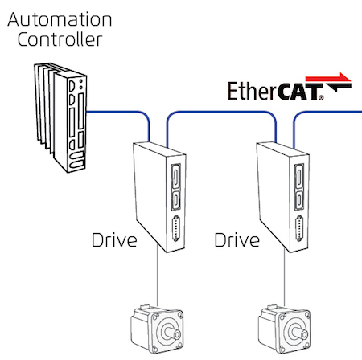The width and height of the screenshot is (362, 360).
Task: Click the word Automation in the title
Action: pos(60,19)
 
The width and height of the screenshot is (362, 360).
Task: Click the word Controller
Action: pos(60,39)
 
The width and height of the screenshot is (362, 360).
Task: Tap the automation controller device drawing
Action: pos(60,117)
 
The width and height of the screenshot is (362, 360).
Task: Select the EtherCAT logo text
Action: pos(275,91)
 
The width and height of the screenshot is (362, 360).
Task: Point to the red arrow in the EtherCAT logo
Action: pos(328,78)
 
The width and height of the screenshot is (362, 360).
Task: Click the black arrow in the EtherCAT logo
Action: pos(339,88)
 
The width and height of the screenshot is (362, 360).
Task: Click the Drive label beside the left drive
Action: pos(114,239)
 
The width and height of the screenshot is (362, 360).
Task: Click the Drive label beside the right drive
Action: pos(237,239)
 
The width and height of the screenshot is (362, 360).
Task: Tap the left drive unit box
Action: pos(159,197)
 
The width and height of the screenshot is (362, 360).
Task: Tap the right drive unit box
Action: pos(283,197)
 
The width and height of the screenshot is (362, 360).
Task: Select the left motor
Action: pos(157,329)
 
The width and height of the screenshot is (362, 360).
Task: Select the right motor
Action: pos(285,329)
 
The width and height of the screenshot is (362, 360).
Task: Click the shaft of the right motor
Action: pos(299,332)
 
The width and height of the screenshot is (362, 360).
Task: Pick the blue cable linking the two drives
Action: pos(221,112)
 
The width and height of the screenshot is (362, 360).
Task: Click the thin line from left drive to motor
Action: pos(157,275)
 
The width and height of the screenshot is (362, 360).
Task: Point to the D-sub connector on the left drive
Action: pos(176,228)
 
